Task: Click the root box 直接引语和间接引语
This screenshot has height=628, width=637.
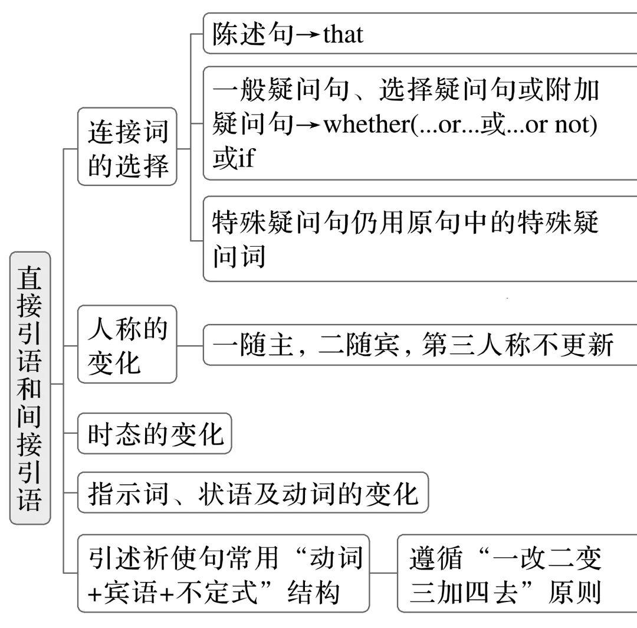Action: [x=30, y=388]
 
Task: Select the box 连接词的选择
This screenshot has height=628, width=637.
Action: [x=127, y=146]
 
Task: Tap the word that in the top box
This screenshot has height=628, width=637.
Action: [x=343, y=34]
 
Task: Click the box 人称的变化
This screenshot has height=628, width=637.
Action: [x=127, y=344]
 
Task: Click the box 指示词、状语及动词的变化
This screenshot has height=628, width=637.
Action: [x=253, y=492]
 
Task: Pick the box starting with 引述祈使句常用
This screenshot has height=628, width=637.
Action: [x=224, y=573]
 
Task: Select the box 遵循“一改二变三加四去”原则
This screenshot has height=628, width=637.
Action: [x=517, y=573]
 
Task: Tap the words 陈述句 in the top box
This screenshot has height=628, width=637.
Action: [x=253, y=34]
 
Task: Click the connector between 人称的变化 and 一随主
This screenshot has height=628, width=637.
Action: [x=190, y=345]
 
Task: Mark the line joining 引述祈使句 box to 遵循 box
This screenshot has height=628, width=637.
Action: [x=383, y=573]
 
